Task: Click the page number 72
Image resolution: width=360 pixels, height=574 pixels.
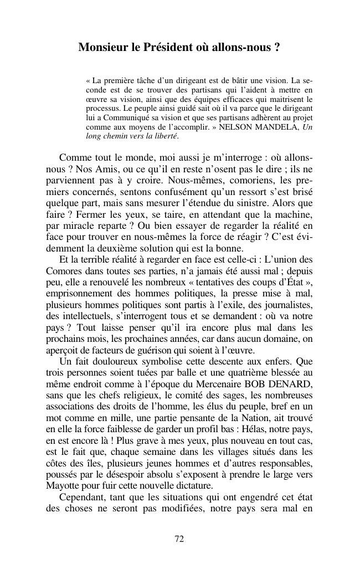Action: click(x=179, y=539)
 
